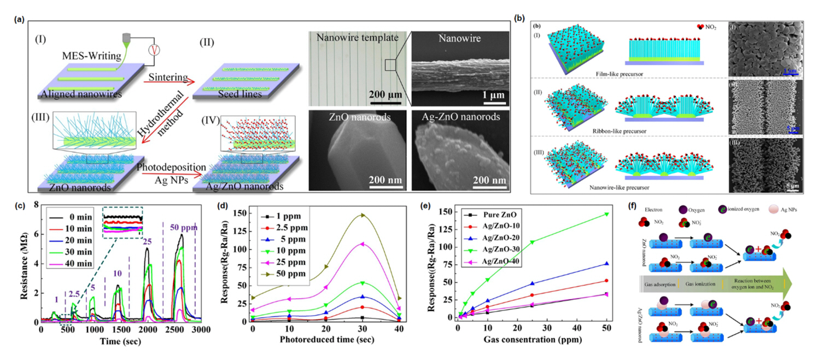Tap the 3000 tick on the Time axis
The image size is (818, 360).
pos(201,330)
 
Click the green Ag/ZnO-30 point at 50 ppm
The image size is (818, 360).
pos(605,214)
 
